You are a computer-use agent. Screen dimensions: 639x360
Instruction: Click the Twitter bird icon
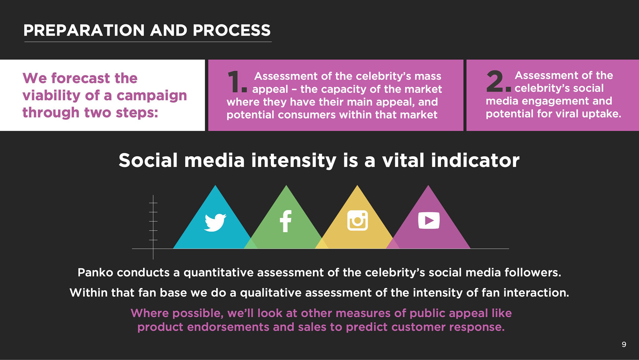(215, 222)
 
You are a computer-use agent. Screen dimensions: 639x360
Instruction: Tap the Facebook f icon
(286, 221)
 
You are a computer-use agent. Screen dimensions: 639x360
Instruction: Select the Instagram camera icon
(358, 220)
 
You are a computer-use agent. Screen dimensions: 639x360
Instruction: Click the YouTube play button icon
(429, 220)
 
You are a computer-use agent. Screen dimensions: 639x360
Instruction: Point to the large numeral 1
(237, 82)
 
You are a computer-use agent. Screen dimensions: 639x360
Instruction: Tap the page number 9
(624, 344)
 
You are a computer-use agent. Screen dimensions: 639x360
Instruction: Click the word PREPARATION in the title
(84, 30)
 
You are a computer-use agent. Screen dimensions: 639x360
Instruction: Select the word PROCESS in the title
(232, 30)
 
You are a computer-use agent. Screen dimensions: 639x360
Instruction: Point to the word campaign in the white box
(152, 96)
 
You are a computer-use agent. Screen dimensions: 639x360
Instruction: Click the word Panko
(95, 272)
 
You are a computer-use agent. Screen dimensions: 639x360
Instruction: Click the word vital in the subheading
(403, 160)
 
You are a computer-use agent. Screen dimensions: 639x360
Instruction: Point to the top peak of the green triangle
(286, 185)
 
